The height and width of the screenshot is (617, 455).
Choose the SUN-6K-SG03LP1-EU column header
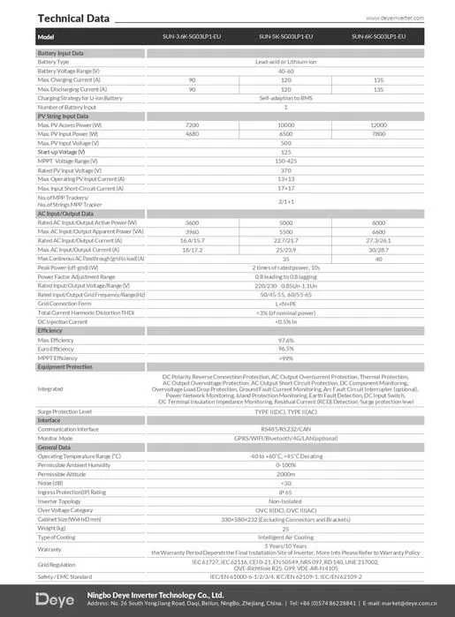pos(378,36)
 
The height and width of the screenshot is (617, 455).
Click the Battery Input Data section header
pos(61,54)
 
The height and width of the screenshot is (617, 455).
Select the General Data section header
pos(54,448)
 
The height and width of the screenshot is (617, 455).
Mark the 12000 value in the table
pos(378,124)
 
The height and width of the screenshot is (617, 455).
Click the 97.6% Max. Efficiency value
pos(285,340)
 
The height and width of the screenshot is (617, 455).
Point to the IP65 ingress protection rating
pos(285,492)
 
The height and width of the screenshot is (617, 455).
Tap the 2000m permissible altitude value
pos(285,474)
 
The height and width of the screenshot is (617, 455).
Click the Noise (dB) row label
pos(51,483)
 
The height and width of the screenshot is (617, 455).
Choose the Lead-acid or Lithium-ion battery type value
pos(285,63)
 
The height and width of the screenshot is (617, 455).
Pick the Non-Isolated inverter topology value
pos(285,500)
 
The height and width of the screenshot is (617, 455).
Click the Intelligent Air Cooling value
pos(285,536)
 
